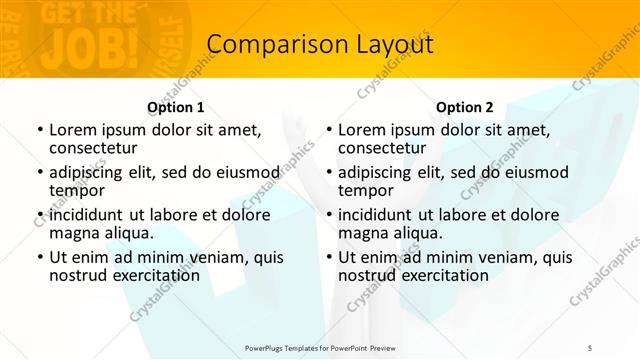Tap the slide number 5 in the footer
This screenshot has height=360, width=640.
click(x=589, y=347)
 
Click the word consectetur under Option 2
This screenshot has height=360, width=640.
click(x=381, y=149)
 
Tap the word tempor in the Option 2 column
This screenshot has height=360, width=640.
click(x=365, y=191)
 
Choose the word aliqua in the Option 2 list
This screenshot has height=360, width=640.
click(x=414, y=233)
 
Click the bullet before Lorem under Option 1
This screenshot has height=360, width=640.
click(x=40, y=130)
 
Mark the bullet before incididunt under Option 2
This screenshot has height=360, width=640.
click(x=329, y=215)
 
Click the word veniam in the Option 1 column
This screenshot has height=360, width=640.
click(x=203, y=257)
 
